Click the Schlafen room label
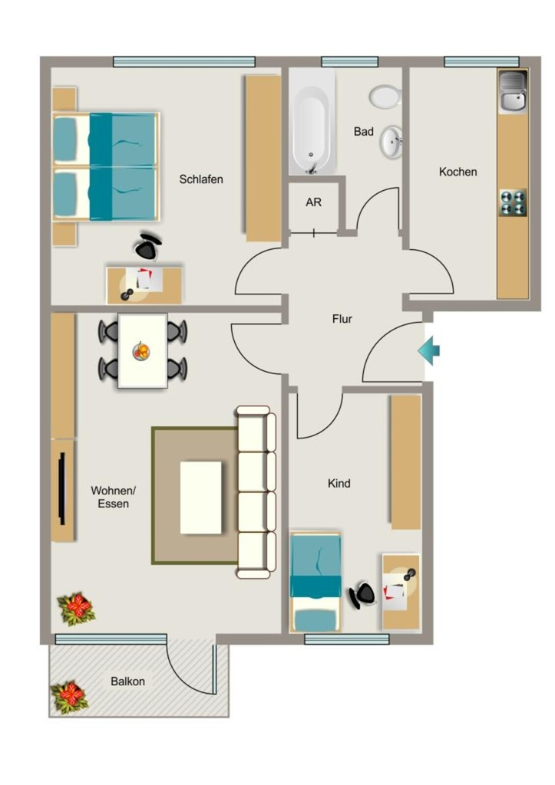[201, 179]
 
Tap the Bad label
[364, 132]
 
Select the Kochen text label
[458, 172]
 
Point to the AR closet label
[313, 202]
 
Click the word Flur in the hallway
[342, 319]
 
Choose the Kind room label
[339, 483]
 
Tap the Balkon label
[128, 682]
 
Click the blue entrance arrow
[428, 350]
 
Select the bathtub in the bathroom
[312, 122]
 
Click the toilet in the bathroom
[385, 96]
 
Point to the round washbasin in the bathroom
[391, 143]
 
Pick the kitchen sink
[513, 92]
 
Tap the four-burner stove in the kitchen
[513, 202]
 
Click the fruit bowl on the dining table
[141, 350]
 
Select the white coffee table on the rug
[200, 498]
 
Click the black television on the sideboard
[62, 488]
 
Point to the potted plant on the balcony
[69, 697]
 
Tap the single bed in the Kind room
[315, 583]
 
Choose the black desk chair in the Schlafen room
[148, 246]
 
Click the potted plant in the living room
[76, 608]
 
